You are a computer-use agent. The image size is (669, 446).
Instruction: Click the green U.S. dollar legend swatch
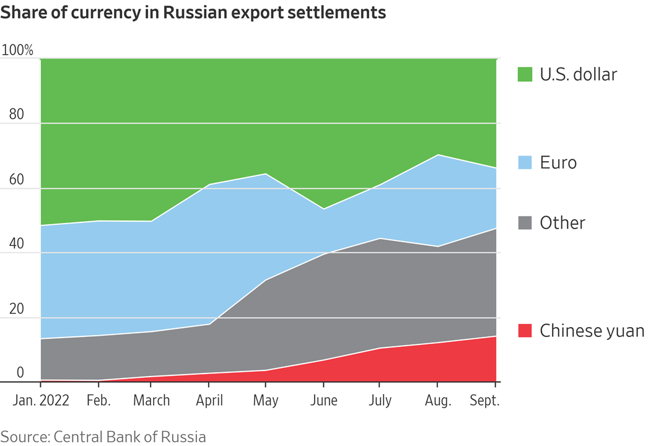tap(525, 75)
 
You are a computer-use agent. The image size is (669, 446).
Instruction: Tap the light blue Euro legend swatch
tap(525, 163)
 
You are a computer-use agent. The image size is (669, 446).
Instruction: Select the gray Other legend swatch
tap(525, 223)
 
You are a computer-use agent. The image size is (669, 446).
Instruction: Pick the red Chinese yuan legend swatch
tap(525, 331)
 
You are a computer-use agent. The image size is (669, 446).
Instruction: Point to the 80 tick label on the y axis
tap(17, 115)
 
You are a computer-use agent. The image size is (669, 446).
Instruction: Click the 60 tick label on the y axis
tap(17, 180)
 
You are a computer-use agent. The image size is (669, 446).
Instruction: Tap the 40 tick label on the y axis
tap(17, 244)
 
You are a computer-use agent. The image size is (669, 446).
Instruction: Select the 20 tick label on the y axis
tap(17, 309)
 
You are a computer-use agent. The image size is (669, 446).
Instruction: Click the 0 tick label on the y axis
tap(20, 372)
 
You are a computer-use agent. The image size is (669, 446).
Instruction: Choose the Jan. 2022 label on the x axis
tap(40, 401)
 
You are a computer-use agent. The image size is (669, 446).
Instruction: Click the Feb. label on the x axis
tap(98, 401)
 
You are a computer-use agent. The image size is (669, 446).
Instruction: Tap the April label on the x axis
tap(209, 401)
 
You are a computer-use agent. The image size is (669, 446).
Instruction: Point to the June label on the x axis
tap(323, 401)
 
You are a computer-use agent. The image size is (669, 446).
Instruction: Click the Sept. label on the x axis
tap(484, 401)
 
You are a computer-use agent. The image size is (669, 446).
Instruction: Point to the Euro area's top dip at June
tap(324, 209)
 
